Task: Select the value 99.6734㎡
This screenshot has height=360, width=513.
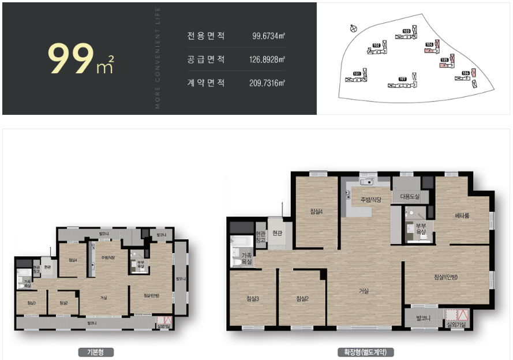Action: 269,36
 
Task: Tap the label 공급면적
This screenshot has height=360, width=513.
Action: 206,59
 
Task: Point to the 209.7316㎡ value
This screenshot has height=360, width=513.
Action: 267,83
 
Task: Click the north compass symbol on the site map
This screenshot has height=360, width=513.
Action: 354,27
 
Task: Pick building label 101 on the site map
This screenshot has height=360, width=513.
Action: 357,74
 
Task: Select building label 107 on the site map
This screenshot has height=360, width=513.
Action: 403,78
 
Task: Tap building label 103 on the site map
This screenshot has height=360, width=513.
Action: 406,31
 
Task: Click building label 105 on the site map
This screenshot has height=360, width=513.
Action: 444,59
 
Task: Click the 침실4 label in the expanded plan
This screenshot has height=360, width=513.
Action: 316,211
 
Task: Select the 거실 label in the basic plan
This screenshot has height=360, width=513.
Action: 104,298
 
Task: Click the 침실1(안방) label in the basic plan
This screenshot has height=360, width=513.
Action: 151,295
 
